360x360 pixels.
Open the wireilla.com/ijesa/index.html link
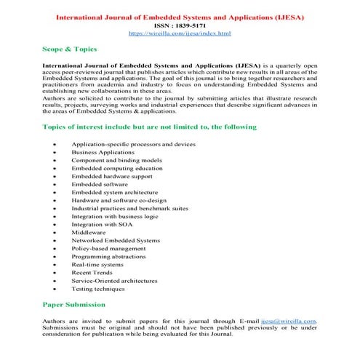[180, 33]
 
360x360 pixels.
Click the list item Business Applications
[103, 153]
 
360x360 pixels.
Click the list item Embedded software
[100, 185]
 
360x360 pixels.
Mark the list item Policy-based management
[108, 248]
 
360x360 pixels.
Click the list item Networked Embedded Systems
[116, 240]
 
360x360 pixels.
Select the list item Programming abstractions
[108, 256]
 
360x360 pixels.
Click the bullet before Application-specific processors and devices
[56, 145]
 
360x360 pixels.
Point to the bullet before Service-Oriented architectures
[56, 280]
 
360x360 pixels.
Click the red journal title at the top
[180, 15]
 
